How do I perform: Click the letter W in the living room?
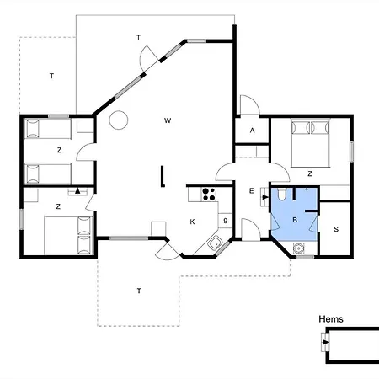tap(168, 120)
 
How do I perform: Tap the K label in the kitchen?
tap(192, 222)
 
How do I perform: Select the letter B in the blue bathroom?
tap(295, 220)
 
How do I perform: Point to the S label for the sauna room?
tap(336, 229)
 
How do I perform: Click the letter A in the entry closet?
tap(252, 131)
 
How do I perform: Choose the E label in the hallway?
tap(252, 191)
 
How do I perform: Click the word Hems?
tap(331, 319)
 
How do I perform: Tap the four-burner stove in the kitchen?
tap(209, 195)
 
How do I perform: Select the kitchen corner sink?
tap(215, 243)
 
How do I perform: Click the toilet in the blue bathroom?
tap(281, 194)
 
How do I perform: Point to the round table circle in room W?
tap(119, 120)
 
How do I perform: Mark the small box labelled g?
tap(225, 221)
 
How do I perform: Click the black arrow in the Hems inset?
tap(326, 342)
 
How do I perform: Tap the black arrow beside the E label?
tap(265, 197)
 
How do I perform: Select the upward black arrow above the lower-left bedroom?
tap(77, 191)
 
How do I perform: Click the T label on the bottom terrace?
tap(139, 291)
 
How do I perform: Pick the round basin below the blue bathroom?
tap(298, 248)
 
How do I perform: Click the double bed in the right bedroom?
tap(310, 143)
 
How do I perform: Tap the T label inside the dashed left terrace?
tap(51, 76)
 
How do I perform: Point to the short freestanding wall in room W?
tap(163, 176)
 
